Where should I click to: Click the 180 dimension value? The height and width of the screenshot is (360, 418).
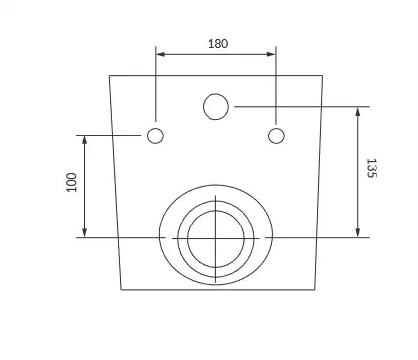218,44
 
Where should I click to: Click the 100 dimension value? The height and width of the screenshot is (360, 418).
71,182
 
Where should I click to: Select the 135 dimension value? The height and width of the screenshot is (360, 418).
372,168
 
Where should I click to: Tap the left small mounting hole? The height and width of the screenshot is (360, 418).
155,135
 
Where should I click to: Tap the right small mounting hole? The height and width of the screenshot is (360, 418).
276,135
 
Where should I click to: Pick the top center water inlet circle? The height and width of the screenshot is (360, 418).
215,107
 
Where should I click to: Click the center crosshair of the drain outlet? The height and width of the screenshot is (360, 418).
215,238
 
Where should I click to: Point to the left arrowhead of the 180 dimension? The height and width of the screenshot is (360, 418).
160,54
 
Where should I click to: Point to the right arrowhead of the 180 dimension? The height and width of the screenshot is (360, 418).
271,54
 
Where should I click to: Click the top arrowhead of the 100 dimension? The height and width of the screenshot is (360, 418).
85,140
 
